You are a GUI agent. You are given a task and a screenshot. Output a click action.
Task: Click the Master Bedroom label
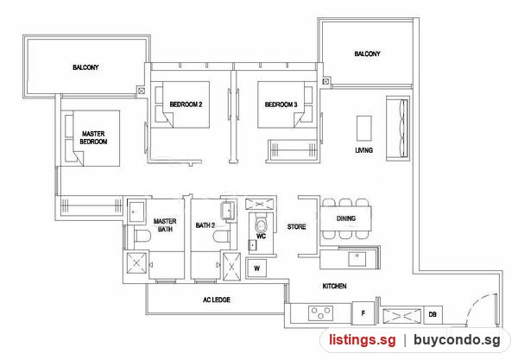tap(93, 138)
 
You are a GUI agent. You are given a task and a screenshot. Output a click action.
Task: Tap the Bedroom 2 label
tap(186, 104)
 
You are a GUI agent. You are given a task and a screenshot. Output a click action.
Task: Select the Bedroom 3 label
tap(281, 104)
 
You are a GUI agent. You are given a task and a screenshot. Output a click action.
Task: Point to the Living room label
tap(363, 150)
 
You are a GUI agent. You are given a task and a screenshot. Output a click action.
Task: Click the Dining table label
tap(346, 218)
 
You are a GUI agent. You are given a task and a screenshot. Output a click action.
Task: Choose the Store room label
tap(296, 226)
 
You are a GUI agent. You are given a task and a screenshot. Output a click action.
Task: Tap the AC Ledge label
tap(217, 300)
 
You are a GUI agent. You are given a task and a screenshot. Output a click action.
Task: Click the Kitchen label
tap(334, 286)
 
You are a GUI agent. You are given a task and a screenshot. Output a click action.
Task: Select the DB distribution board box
tap(433, 314)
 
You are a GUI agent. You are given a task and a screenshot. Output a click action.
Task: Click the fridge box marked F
tap(363, 313)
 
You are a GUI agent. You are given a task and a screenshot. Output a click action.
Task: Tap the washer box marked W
tap(256, 268)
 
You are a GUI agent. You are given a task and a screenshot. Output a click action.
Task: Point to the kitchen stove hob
tap(320, 313)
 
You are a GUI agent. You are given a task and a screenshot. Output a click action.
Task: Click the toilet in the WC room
tap(262, 224)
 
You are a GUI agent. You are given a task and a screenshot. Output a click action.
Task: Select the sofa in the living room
tap(398, 129)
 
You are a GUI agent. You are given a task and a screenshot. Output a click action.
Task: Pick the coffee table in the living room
tap(363, 128)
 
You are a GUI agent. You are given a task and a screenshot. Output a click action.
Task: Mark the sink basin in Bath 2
tap(229, 209)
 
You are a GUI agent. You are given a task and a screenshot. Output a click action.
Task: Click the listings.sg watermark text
tap(362, 340)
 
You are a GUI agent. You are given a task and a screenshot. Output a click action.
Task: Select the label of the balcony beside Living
tap(368, 54)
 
